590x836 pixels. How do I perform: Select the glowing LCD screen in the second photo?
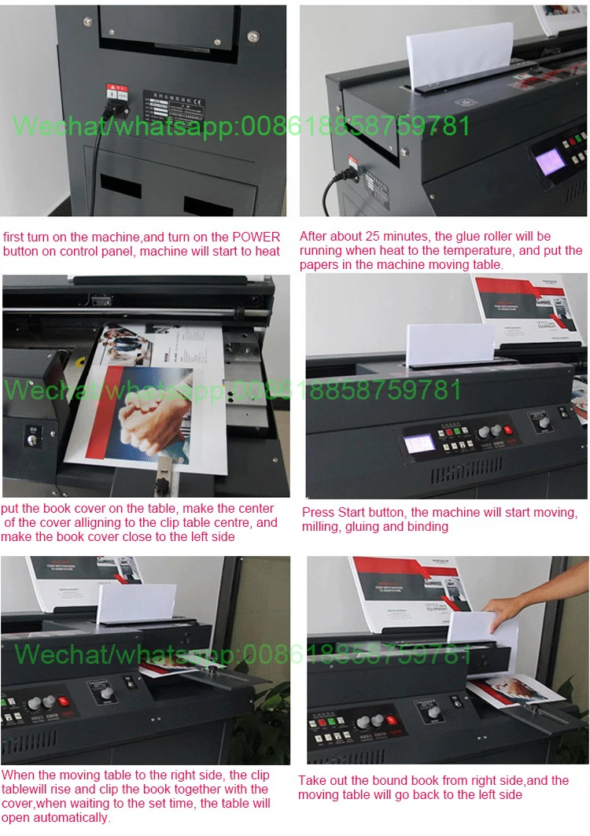(x=549, y=164)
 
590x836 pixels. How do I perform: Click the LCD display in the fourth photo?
(x=419, y=443)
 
